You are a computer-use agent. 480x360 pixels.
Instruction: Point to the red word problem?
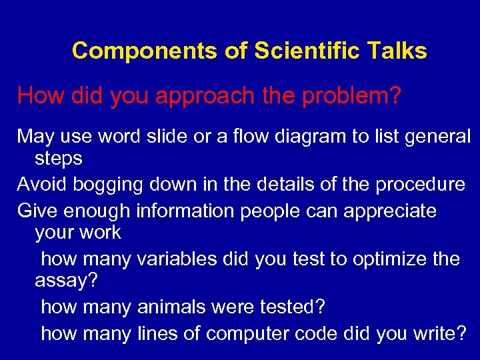(351, 96)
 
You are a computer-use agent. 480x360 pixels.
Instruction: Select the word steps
(59, 159)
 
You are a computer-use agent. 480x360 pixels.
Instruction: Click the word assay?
(66, 281)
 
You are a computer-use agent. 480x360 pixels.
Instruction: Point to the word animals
(171, 307)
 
